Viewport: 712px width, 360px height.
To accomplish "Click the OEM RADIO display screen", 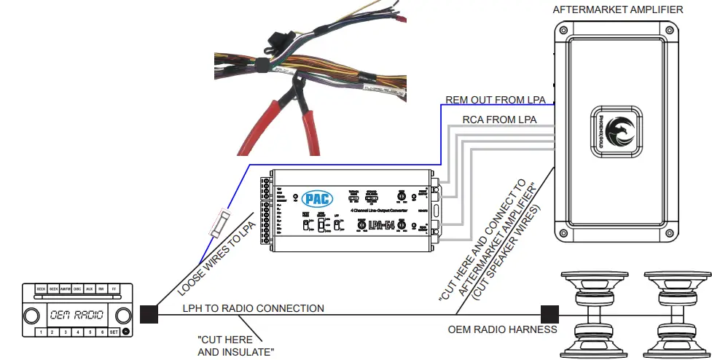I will [x=75, y=316].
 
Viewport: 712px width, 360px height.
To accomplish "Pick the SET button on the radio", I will [x=114, y=332].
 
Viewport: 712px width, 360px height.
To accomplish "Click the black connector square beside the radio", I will [x=149, y=314].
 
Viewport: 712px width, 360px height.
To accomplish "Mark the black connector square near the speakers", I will [x=549, y=314].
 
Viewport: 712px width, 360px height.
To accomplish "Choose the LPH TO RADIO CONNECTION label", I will [x=253, y=308].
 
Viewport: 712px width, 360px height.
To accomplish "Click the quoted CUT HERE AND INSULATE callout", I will [x=235, y=346].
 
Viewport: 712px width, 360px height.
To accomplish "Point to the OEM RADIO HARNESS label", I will [x=502, y=329].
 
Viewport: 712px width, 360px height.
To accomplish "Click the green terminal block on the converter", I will [x=267, y=211].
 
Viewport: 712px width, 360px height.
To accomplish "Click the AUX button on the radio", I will [x=89, y=289].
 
